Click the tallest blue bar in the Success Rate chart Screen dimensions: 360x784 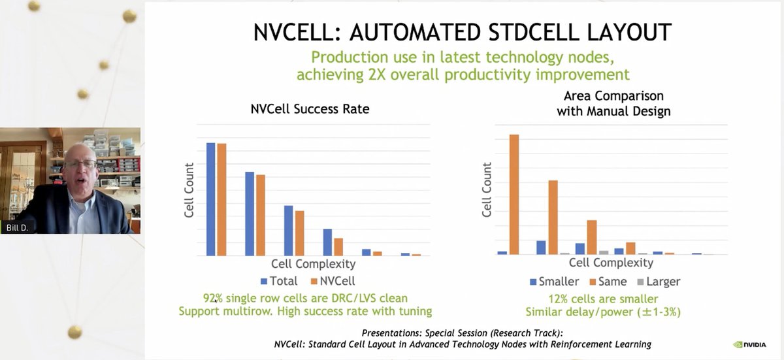(x=210, y=199)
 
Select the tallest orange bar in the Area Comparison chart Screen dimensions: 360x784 (x=514, y=194)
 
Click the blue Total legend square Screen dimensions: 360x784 (x=264, y=282)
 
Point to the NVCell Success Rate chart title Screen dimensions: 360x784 (x=310, y=109)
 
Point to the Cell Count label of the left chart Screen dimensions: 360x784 (x=189, y=190)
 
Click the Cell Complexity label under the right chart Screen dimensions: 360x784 (x=611, y=263)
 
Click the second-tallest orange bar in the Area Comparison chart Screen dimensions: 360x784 (x=553, y=217)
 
